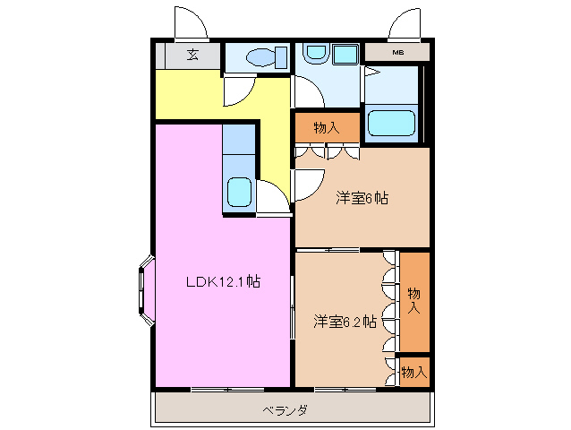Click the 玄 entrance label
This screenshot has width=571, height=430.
[x=192, y=55]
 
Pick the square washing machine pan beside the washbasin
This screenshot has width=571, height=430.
[x=345, y=55]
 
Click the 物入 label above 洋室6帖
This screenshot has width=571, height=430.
[x=327, y=127]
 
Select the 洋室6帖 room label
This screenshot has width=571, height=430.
[x=362, y=197]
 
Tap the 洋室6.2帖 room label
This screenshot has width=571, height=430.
[x=344, y=321]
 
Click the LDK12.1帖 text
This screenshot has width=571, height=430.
[x=223, y=281]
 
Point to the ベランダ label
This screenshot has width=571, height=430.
[x=285, y=410]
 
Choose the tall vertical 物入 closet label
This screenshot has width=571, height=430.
[x=413, y=300]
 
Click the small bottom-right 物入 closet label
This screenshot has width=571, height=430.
[x=413, y=370]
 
